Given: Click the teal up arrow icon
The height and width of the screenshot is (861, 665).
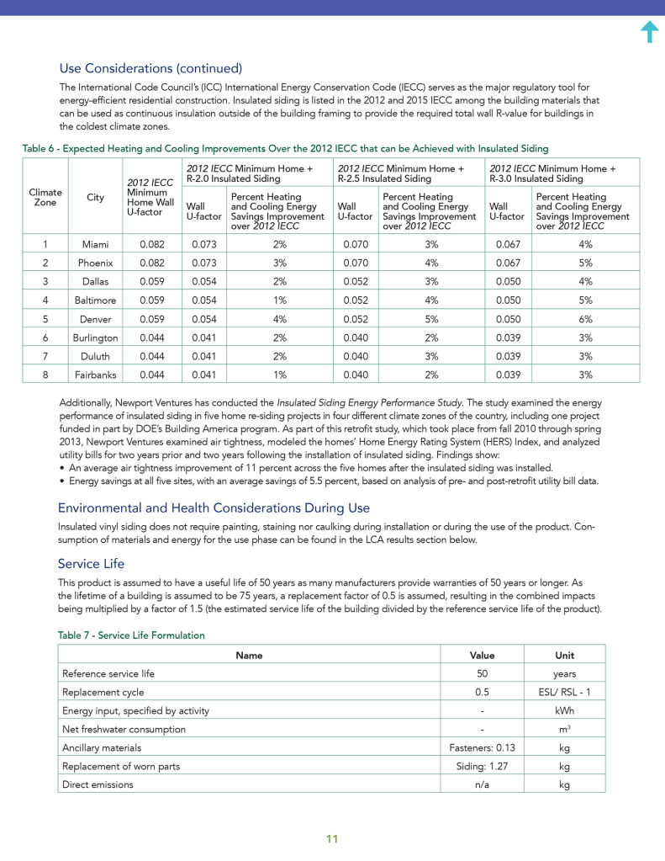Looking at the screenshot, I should click(x=649, y=32).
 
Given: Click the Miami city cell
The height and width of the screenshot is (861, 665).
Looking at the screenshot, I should click(x=95, y=244).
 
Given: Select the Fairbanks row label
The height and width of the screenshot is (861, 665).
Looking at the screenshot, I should click(x=95, y=374).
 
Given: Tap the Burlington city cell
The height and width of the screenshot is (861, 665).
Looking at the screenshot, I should click(x=95, y=337).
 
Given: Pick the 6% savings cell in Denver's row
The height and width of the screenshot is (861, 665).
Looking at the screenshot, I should click(x=585, y=318).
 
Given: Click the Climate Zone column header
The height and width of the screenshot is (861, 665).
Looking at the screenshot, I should click(x=45, y=198).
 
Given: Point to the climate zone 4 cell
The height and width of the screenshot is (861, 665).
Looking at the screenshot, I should click(x=45, y=300).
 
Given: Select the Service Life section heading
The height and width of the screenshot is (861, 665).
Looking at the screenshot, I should click(x=92, y=563).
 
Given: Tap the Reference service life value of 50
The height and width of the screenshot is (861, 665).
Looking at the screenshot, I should click(x=482, y=673).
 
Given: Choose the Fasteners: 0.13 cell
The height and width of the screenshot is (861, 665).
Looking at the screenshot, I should click(x=482, y=747).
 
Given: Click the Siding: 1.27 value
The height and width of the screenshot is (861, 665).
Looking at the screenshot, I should click(x=482, y=766).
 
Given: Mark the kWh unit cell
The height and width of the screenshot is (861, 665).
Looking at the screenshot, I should click(x=564, y=710).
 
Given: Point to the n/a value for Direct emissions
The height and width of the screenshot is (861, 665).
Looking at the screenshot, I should click(x=482, y=784).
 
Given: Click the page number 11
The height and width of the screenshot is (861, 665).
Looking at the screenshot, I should click(x=332, y=839).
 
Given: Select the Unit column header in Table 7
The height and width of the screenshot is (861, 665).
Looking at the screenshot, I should click(x=564, y=655).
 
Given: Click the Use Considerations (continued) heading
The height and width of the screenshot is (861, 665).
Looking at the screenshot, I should click(x=150, y=68).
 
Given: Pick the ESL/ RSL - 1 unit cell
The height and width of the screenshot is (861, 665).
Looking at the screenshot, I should click(x=564, y=692).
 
